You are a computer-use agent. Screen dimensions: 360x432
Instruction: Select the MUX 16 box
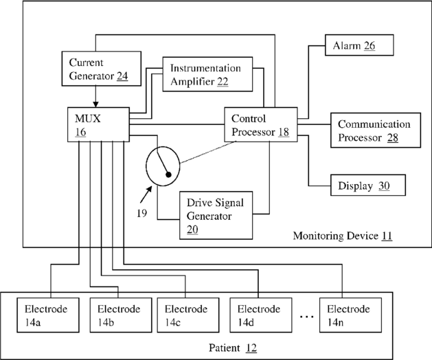[x=96, y=124]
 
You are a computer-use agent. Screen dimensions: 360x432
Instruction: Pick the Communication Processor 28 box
[x=374, y=131]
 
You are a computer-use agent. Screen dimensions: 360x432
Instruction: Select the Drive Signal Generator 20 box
[x=215, y=215]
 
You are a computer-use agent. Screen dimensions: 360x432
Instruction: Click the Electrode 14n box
[x=351, y=315]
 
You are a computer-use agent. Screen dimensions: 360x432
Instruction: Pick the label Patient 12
[x=232, y=348]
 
